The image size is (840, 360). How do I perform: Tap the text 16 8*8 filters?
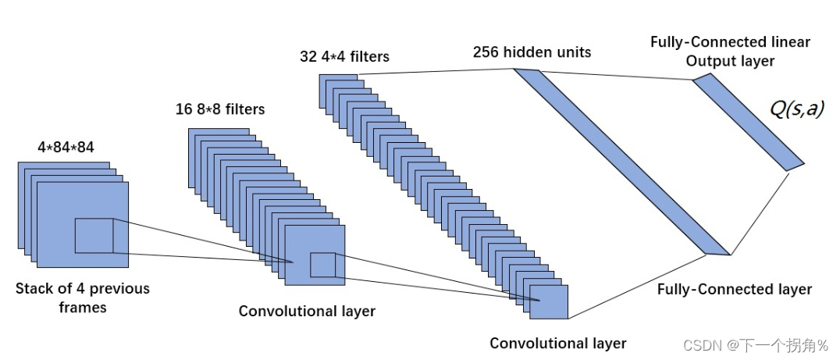(x=220, y=109)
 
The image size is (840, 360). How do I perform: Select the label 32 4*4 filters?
(x=345, y=56)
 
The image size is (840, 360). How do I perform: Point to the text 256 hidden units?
(x=532, y=52)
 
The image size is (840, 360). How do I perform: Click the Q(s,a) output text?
(x=796, y=109)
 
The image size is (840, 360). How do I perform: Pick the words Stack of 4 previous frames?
(x=83, y=298)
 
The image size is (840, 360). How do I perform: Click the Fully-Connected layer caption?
(x=735, y=289)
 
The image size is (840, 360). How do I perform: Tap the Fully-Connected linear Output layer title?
(x=730, y=52)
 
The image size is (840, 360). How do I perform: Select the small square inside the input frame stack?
(x=94, y=236)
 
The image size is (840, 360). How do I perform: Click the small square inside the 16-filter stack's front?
(x=322, y=265)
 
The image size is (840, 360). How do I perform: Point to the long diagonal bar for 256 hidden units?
(x=621, y=161)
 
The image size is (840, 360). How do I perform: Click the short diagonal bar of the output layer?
(x=749, y=123)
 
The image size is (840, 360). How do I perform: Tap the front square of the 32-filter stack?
(x=549, y=302)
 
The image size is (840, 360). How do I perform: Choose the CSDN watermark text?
(x=756, y=345)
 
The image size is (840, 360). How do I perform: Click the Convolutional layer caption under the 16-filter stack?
(x=307, y=311)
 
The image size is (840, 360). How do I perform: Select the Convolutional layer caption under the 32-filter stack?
(x=557, y=343)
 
